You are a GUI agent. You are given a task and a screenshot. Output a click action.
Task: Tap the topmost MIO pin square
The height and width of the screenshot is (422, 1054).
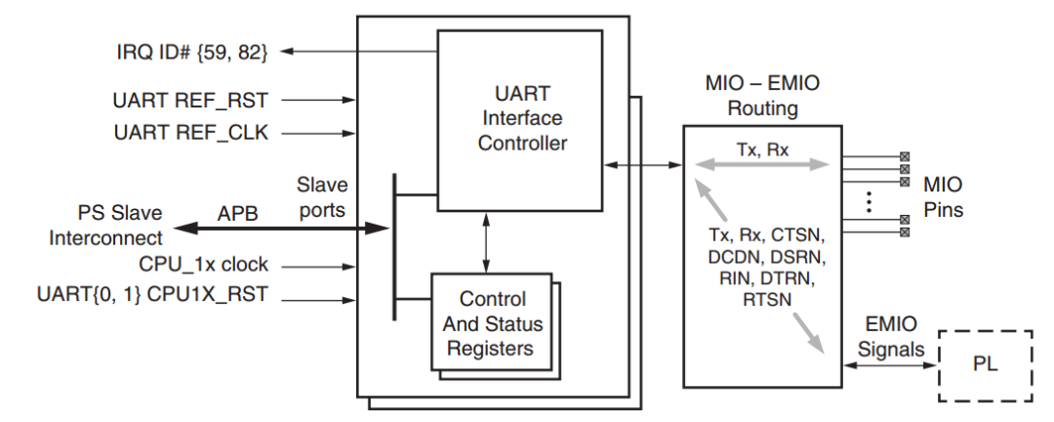pos(904,155)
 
